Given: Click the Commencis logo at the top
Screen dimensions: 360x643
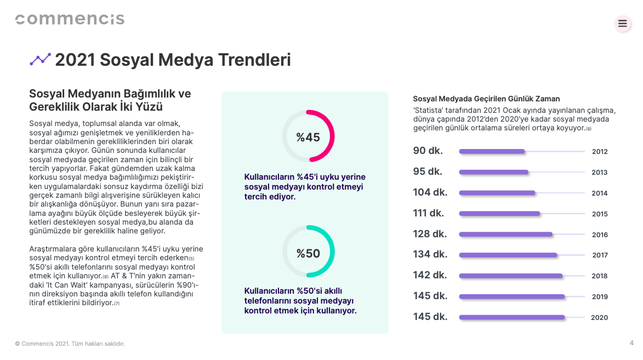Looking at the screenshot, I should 70,19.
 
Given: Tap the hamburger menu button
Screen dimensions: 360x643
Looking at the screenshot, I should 622,24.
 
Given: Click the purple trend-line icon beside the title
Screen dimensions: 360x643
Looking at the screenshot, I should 40,59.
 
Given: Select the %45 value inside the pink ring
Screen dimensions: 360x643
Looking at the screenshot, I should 308,137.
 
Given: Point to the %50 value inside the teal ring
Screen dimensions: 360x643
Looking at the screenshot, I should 308,253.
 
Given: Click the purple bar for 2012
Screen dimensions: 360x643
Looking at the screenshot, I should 492,151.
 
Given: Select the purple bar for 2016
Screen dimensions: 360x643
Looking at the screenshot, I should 505,234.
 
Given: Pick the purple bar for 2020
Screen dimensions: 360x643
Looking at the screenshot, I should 511,317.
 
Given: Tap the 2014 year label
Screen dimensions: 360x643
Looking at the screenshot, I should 600,193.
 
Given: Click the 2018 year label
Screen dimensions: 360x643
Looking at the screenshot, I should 600,276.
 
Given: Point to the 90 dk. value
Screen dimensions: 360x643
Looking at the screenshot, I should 428,151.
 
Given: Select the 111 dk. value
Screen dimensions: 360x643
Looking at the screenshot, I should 429,213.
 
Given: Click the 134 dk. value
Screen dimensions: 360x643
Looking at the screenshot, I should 430,254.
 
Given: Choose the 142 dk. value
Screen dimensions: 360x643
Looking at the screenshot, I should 430,275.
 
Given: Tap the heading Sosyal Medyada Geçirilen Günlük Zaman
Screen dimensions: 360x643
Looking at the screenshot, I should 486,99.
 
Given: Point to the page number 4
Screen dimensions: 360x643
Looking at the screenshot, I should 631,343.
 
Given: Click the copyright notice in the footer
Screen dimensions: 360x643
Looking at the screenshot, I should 70,344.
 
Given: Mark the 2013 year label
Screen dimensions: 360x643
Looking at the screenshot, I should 600,172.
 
